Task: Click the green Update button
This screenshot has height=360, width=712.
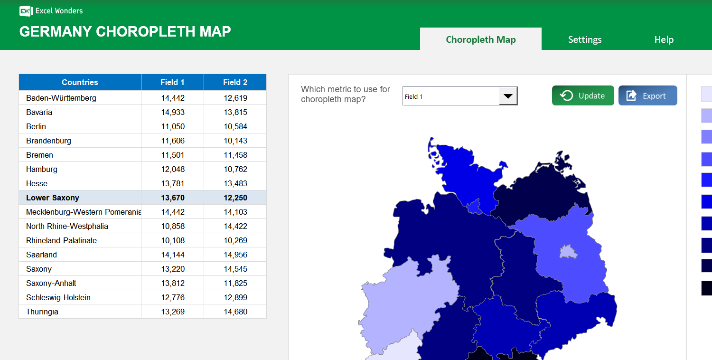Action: [583, 95]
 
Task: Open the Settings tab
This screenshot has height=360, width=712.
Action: [585, 39]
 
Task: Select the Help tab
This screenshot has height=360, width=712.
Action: [664, 39]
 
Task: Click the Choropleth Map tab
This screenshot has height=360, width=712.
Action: [480, 39]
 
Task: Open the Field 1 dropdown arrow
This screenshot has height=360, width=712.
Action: [508, 96]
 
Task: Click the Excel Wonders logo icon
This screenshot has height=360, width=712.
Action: [26, 11]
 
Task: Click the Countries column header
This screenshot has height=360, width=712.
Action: [80, 82]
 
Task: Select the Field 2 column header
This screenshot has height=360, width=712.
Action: [235, 82]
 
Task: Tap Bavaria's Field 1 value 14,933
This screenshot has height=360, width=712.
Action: [173, 112]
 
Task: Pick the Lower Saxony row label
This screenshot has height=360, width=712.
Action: [53, 198]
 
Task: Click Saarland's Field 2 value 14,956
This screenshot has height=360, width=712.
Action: [235, 255]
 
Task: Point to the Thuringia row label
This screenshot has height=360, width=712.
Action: [42, 312]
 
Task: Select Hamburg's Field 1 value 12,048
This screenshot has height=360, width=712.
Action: [173, 169]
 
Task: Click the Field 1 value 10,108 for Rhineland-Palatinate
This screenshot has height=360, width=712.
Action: [173, 240]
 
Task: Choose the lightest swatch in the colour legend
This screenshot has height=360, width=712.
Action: [706, 94]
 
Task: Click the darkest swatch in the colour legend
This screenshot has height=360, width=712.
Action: [706, 288]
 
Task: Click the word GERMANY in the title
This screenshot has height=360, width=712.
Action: [56, 31]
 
